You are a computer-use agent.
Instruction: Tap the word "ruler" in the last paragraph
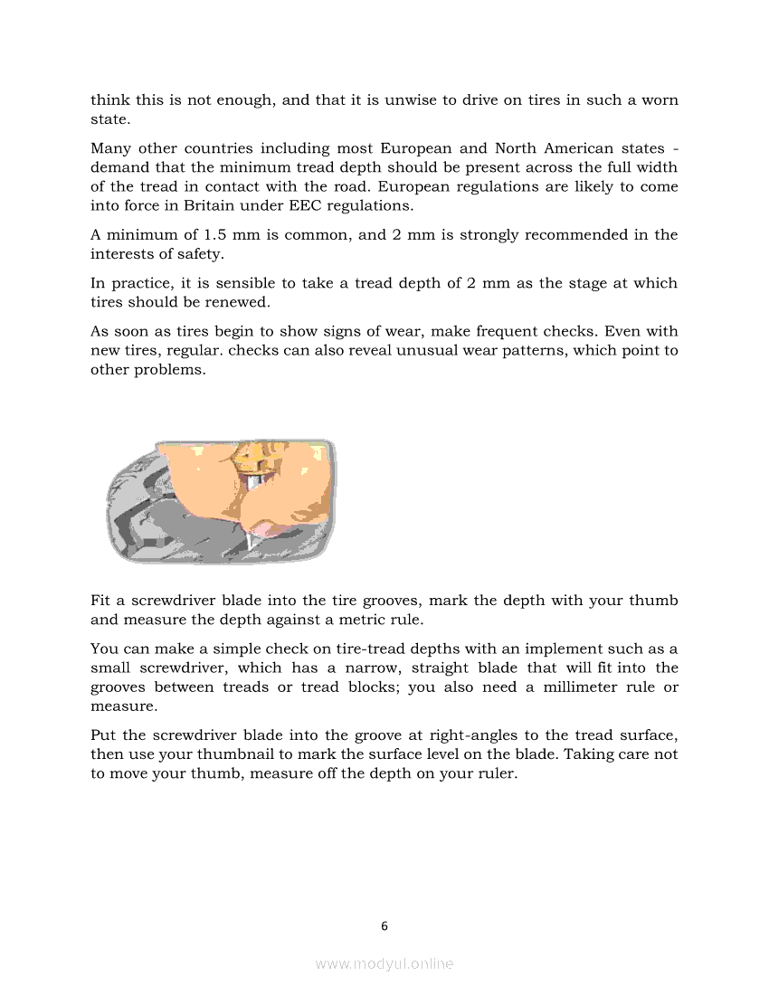495,773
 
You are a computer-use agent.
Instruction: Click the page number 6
384,925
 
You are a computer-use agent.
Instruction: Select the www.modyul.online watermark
384,964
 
